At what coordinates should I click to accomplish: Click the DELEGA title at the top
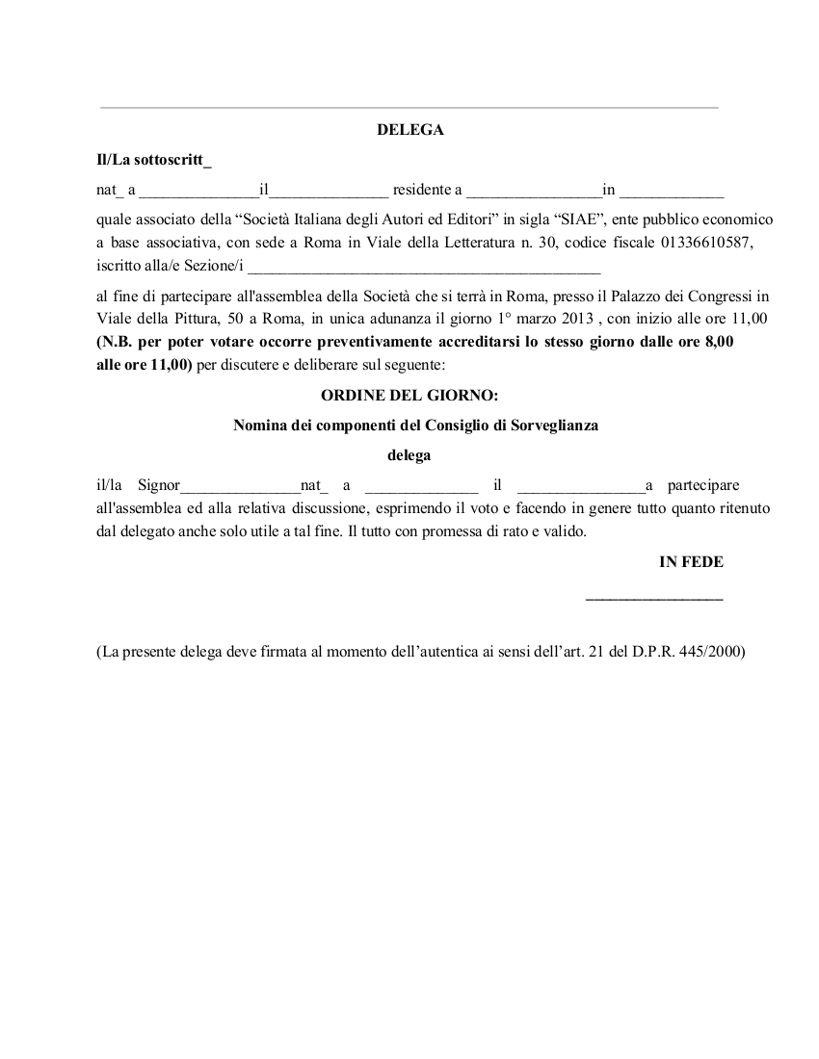[409, 130]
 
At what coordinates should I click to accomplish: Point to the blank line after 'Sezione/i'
[424, 267]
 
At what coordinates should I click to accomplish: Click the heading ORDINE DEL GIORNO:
[409, 396]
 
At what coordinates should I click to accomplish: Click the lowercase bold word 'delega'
[409, 455]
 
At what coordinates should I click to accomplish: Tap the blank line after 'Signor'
[241, 487]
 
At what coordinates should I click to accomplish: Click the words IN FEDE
[691, 562]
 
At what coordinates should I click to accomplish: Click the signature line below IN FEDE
[654, 600]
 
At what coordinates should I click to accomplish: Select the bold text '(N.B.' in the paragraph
[116, 342]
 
